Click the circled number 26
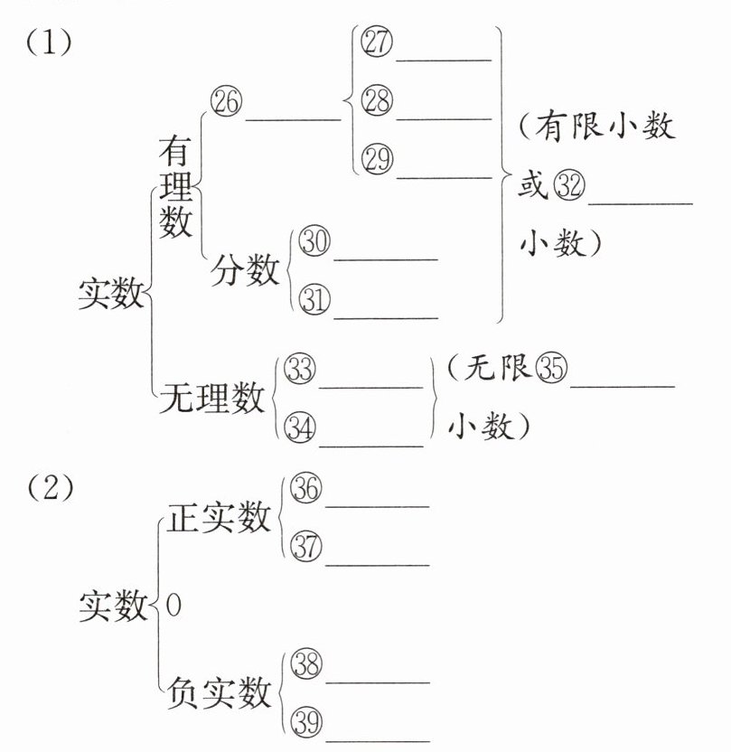225,102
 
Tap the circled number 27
375,42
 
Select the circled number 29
375,159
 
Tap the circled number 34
299,428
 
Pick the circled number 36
305,489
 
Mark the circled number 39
305,723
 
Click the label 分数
245,270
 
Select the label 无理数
212,397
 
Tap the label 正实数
220,518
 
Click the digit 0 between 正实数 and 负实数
173,606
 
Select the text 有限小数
607,126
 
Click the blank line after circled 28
444,117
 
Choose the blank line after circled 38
376,682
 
